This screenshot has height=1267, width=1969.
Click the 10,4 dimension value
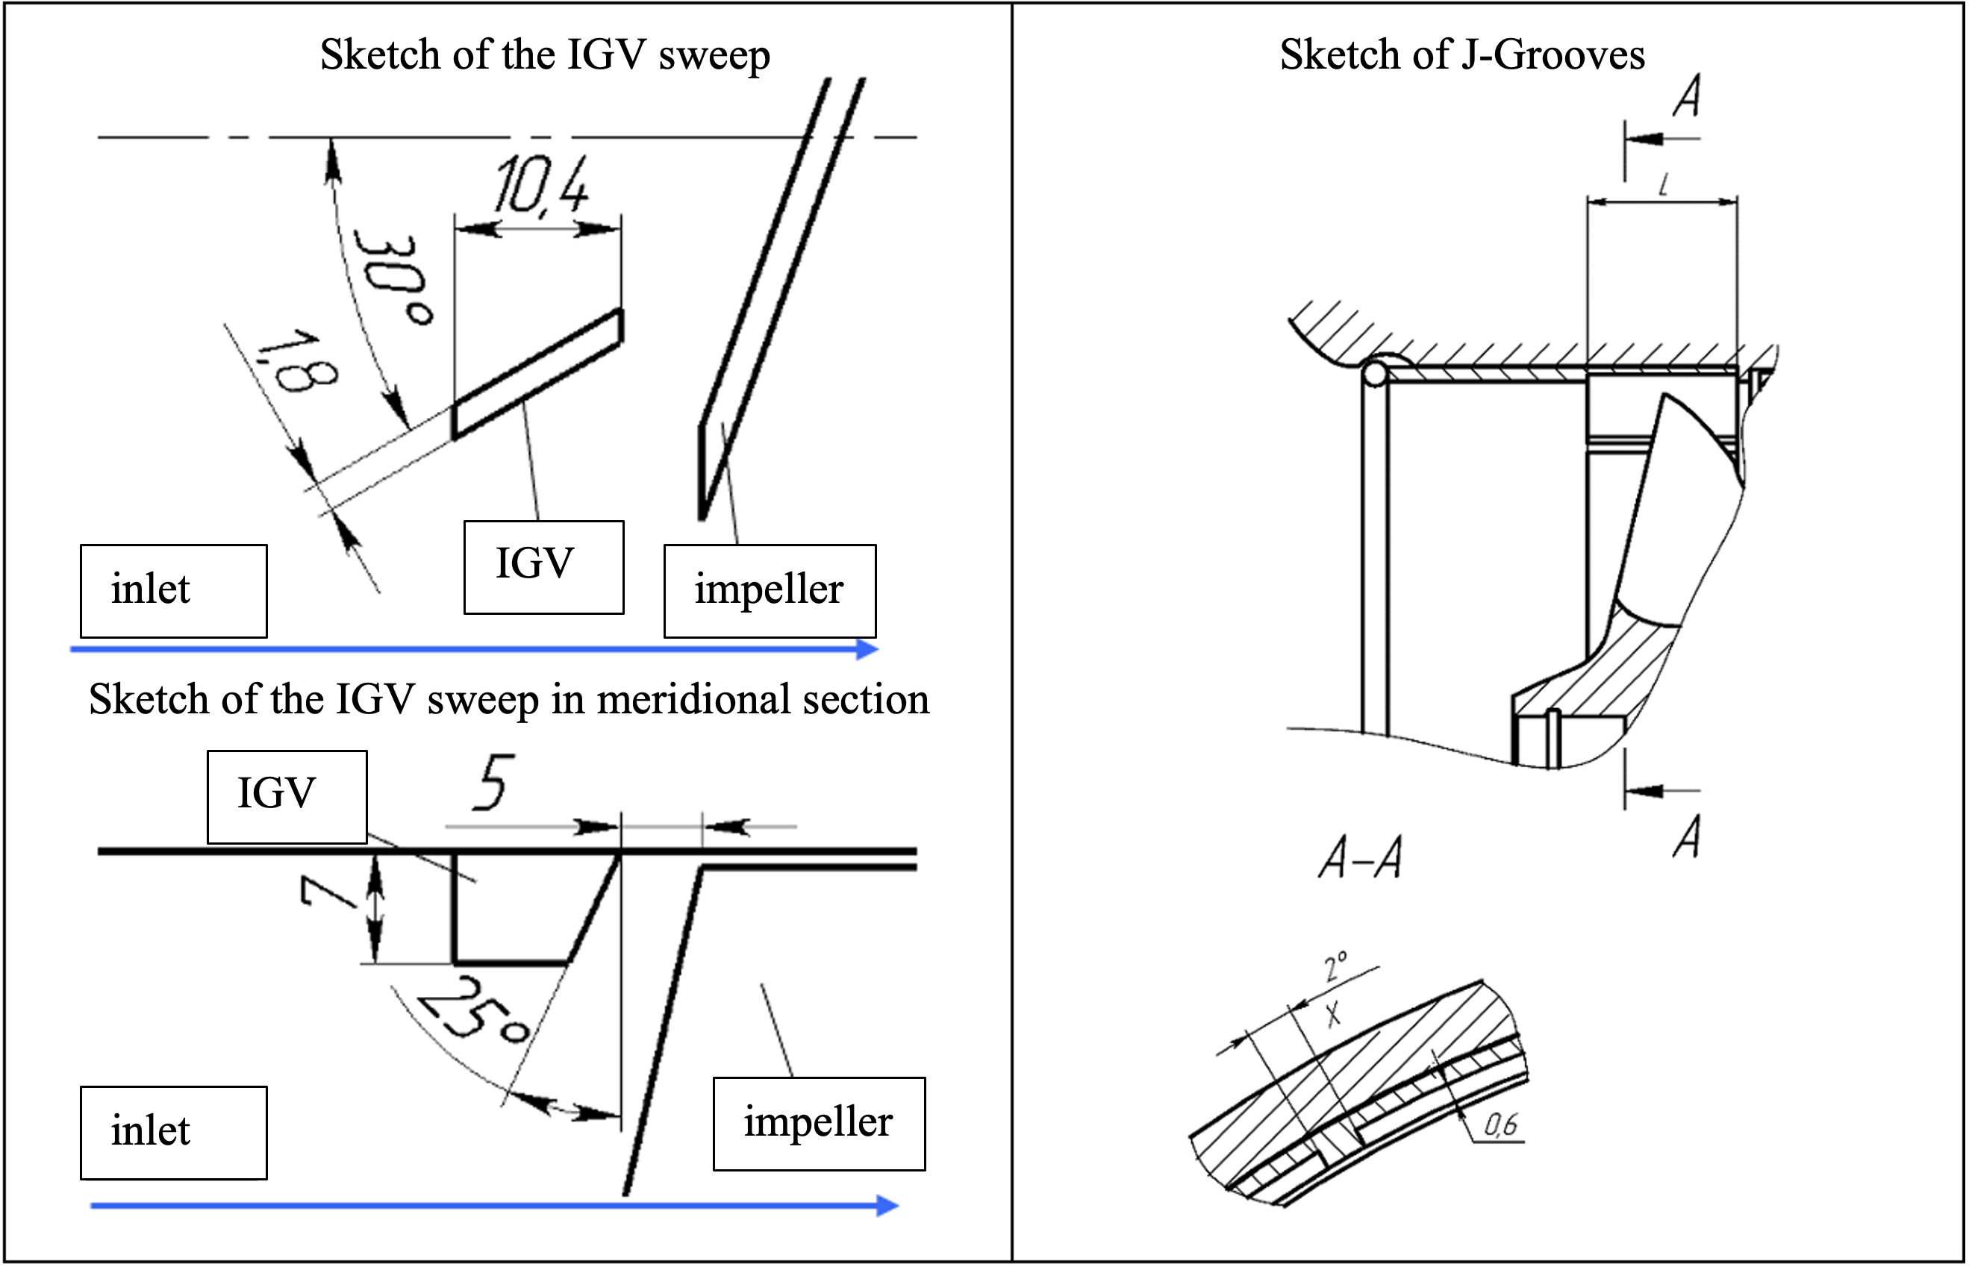[x=541, y=186]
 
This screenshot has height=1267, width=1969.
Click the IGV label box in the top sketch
[x=543, y=567]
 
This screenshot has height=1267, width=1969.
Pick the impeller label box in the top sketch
[x=770, y=591]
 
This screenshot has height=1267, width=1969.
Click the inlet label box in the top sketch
[x=174, y=591]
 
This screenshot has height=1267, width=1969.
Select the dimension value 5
[x=493, y=783]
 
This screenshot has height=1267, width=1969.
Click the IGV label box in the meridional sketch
[x=287, y=796]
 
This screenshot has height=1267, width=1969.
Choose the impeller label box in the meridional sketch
[x=819, y=1124]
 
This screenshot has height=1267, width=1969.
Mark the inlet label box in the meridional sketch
[x=174, y=1132]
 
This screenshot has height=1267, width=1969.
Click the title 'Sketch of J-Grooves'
[x=1462, y=56]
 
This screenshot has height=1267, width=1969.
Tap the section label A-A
[x=1359, y=858]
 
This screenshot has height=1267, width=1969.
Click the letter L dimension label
[x=1664, y=184]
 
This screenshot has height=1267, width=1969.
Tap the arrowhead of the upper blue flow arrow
[x=868, y=649]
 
